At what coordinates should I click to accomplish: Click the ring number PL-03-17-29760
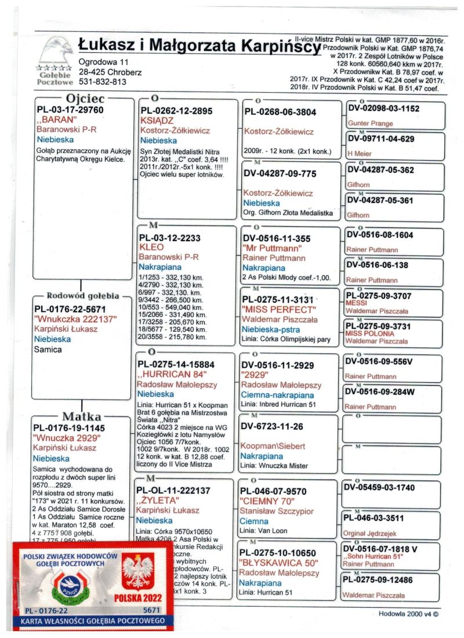70,110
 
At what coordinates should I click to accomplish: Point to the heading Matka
81,417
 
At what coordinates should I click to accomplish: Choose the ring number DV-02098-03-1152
382,109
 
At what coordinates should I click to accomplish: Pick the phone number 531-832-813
103,82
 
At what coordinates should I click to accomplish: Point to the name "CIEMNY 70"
273,501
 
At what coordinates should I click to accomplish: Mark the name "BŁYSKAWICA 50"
278,563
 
